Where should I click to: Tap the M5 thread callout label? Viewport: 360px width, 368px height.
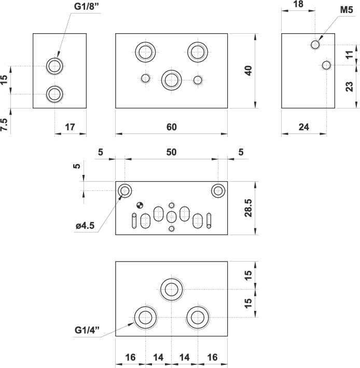click(346, 10)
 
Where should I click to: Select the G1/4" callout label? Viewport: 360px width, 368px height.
click(87, 330)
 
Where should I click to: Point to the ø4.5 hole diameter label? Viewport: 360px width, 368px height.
click(86, 226)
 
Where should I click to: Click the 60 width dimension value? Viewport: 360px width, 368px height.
click(172, 127)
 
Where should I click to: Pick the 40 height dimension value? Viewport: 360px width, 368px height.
click(248, 71)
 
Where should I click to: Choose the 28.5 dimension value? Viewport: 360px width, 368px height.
click(248, 207)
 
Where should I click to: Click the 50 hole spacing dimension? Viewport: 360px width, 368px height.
click(172, 152)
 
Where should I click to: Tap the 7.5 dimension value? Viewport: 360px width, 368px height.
click(5, 125)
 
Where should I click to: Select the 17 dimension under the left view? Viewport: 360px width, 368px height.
click(70, 127)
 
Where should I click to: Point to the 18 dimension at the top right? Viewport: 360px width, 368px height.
click(298, 4)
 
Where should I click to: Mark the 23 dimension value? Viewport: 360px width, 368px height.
click(349, 86)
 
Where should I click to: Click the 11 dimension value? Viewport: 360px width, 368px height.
click(349, 54)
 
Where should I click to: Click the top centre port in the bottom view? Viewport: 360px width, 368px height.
click(172, 289)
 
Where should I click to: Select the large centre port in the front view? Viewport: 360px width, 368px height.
click(171, 79)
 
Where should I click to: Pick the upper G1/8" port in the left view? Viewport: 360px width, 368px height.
click(54, 66)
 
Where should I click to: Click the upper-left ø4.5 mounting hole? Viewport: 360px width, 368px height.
click(124, 190)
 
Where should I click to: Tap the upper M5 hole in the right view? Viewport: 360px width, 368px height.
click(315, 45)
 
